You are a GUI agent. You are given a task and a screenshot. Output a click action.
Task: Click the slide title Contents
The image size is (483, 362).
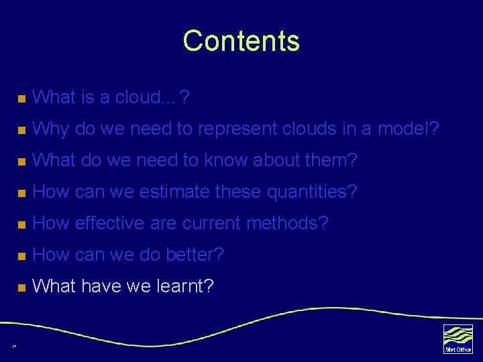point(241,41)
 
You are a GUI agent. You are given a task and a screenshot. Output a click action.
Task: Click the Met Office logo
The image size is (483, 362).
point(458,339)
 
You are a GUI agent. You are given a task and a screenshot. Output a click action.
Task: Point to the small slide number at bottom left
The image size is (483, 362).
point(14,347)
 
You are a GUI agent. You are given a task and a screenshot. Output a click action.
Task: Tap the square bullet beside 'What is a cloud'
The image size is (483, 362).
point(21,99)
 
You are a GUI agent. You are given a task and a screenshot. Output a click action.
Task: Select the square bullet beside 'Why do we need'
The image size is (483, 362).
point(21,130)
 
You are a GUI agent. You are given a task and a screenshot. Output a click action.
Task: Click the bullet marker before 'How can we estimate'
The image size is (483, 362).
point(21,193)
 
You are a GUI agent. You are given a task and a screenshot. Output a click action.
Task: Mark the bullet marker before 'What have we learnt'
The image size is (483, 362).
point(21,288)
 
